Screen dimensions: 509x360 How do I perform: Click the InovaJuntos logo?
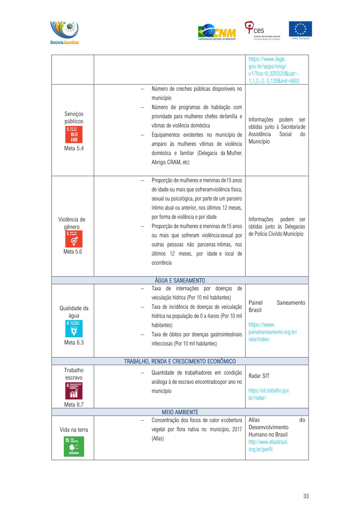pos(64,32)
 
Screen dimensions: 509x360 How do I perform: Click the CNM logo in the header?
pos(217,32)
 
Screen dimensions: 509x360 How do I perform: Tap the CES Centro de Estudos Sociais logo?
pos(262,31)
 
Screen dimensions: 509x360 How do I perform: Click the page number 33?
pos(306,496)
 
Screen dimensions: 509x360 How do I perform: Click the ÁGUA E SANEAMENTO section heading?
pos(180,280)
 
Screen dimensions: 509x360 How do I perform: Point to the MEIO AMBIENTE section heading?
pos(180,412)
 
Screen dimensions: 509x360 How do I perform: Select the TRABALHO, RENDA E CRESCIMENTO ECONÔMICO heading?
pos(180,361)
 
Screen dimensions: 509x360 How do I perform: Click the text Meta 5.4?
pos(74,148)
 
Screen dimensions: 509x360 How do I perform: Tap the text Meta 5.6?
pos(73,252)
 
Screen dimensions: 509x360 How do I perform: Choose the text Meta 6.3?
pos(74,342)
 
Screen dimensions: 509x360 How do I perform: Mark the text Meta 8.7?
pos(74,405)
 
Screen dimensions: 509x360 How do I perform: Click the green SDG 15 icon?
pos(74,446)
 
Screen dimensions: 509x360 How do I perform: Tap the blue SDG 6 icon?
pos(74,328)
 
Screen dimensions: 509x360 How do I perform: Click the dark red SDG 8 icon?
pos(74,391)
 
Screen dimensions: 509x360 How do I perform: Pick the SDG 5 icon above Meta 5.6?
pos(74,239)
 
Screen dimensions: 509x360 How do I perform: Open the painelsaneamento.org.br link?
pos(273,332)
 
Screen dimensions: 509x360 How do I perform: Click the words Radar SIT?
pos(259,376)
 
